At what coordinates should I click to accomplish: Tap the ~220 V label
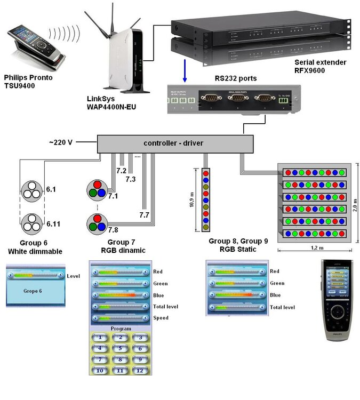(x=60, y=142)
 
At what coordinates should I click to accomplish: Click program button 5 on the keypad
(x=121, y=348)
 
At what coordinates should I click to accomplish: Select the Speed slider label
(x=161, y=318)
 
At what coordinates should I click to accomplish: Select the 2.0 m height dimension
(x=356, y=202)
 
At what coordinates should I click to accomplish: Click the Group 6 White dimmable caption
(x=29, y=247)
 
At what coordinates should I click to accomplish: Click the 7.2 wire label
(x=121, y=170)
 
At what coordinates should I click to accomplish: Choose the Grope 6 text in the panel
(x=33, y=292)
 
